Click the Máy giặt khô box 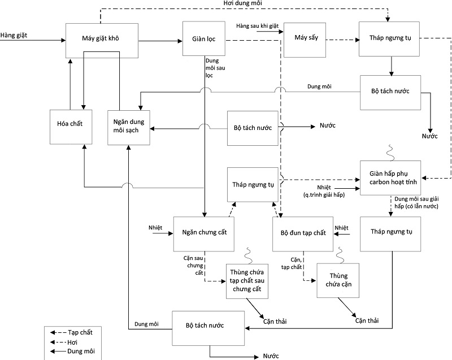[x=102, y=40]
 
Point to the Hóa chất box [x=70, y=124]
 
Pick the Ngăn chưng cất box [x=205, y=233]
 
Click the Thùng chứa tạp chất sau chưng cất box [x=247, y=281]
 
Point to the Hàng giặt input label [x=15, y=36]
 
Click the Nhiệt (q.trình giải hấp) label [x=324, y=190]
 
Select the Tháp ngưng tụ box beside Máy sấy [x=390, y=40]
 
